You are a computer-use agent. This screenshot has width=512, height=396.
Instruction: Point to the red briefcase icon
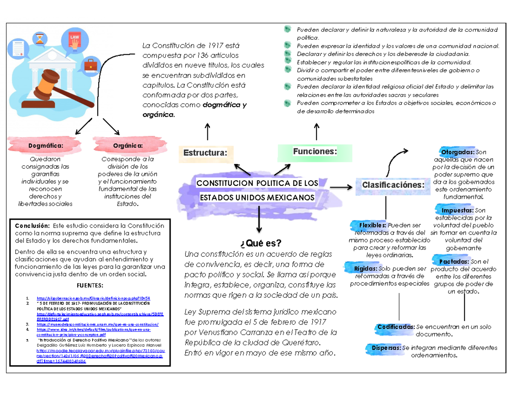(x=90, y=65)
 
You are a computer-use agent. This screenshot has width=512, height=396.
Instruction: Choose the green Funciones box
(x=315, y=151)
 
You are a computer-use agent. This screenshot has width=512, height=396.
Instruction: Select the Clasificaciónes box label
(x=393, y=185)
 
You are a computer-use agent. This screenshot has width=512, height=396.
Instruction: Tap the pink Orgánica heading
(x=128, y=146)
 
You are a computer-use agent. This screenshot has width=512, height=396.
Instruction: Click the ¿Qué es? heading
(x=261, y=243)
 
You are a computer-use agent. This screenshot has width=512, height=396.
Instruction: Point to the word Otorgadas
(x=458, y=152)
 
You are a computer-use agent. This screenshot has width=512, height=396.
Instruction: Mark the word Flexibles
(x=372, y=225)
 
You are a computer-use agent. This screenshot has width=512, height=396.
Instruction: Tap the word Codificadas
(x=396, y=327)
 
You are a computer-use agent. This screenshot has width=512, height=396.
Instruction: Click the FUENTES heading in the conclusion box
(x=89, y=285)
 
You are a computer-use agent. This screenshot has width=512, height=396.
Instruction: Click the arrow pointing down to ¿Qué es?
(x=259, y=220)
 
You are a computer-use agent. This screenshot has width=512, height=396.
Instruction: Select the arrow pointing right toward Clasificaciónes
(x=341, y=187)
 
